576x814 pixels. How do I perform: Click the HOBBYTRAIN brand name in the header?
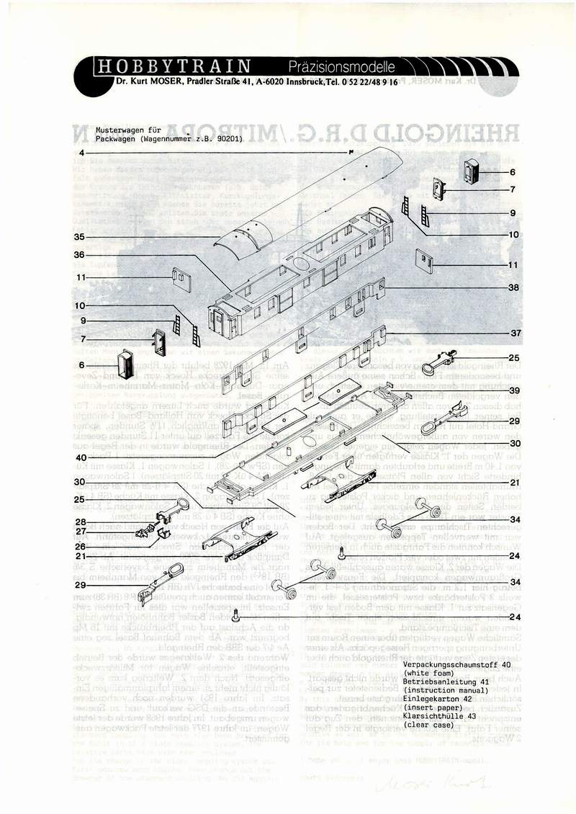pyautogui.click(x=174, y=67)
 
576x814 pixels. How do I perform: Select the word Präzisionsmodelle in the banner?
pyautogui.click(x=342, y=68)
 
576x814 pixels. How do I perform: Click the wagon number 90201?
pyautogui.click(x=229, y=138)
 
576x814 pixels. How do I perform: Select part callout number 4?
pyautogui.click(x=82, y=153)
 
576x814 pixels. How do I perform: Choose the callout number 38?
pyautogui.click(x=513, y=287)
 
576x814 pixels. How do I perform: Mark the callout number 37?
pyautogui.click(x=513, y=334)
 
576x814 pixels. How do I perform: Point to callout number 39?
pyautogui.click(x=513, y=390)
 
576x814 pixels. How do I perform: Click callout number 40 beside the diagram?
pyautogui.click(x=81, y=457)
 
